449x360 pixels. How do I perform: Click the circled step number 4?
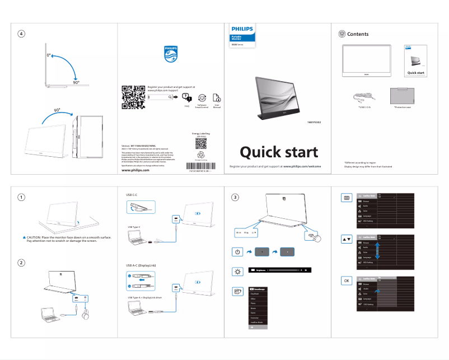(x=21, y=34)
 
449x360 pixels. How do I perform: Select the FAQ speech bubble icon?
(x=186, y=98)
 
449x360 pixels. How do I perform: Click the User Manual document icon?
(x=217, y=97)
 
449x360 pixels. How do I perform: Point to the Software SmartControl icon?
(x=202, y=97)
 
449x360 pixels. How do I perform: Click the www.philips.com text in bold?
(x=135, y=171)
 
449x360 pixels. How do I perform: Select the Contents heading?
(x=358, y=34)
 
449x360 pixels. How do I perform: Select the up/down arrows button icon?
(x=347, y=239)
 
